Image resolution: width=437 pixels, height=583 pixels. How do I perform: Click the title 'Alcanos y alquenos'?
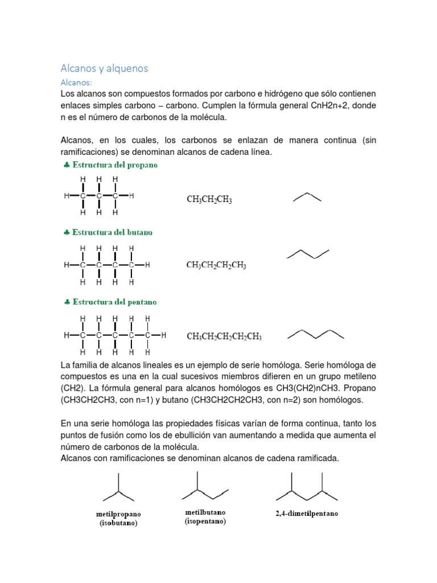tap(104, 68)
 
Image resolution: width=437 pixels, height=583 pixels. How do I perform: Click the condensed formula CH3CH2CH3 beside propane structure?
tap(209, 200)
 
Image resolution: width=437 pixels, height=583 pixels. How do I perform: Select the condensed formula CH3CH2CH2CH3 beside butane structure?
tap(216, 265)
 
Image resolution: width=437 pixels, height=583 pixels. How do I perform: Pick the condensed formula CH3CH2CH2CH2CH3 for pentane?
tap(224, 336)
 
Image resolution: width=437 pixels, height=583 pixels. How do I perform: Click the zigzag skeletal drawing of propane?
tap(307, 197)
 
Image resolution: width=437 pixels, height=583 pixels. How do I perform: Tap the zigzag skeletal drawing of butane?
tap(308, 254)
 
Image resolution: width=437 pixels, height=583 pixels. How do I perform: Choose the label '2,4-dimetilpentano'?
tap(307, 514)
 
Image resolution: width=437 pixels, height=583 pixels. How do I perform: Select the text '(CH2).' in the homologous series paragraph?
tap(73, 388)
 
